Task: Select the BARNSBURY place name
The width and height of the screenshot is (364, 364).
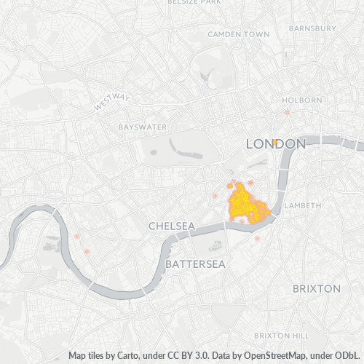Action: click(x=312, y=28)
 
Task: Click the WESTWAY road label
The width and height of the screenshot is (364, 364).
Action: click(x=111, y=102)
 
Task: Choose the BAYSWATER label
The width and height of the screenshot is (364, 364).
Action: click(x=143, y=127)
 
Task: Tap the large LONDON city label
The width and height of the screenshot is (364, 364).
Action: click(x=275, y=144)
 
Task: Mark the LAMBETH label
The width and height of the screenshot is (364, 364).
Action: click(x=302, y=205)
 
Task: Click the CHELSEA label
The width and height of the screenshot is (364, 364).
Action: click(x=171, y=226)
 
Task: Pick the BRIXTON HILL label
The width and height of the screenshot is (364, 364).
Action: click(x=281, y=335)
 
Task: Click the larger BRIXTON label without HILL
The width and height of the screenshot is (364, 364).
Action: click(x=316, y=288)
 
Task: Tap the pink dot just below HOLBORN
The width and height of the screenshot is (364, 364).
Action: click(x=288, y=112)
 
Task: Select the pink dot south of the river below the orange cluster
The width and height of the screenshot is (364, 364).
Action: click(x=257, y=238)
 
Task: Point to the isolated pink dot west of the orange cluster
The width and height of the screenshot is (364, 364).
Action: click(x=215, y=196)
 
